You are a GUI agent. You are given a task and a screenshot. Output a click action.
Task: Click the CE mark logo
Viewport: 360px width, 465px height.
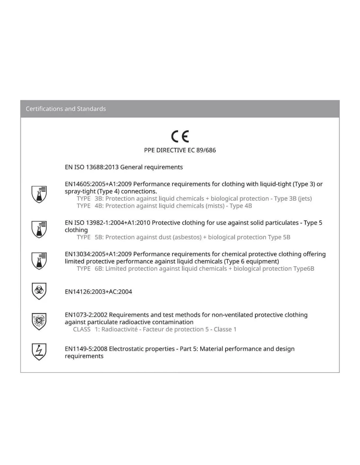[x=180, y=136]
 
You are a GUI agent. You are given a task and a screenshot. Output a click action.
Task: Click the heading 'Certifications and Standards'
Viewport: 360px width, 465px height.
[x=66, y=109]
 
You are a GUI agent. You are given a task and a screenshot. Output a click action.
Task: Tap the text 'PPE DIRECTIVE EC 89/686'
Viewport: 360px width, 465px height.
[x=180, y=150]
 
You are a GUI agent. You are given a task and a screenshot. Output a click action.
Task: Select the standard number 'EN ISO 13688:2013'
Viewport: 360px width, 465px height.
[x=92, y=167]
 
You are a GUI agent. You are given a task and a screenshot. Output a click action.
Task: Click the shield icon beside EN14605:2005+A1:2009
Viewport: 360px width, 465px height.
[x=39, y=194]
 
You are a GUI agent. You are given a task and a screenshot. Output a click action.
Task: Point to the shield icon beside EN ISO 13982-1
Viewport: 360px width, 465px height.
[x=39, y=229]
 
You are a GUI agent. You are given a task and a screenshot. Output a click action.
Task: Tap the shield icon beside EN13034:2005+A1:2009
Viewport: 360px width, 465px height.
[x=39, y=261]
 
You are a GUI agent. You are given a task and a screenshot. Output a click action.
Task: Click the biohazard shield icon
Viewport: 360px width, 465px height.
[x=39, y=291]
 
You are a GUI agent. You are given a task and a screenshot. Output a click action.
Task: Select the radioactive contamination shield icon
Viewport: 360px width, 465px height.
[x=39, y=321]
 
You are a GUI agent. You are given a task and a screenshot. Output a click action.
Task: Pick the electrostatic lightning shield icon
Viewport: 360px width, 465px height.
[x=39, y=352]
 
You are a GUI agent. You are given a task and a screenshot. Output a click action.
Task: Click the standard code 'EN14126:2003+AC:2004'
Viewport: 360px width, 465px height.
[x=99, y=292]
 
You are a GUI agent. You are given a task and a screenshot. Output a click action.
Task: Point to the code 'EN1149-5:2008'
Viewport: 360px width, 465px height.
[x=86, y=349]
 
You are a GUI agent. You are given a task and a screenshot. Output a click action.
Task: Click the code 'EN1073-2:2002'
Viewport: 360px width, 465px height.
[x=86, y=315]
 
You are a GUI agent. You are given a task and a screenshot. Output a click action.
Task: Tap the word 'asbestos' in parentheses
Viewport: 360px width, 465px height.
[x=187, y=237]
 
